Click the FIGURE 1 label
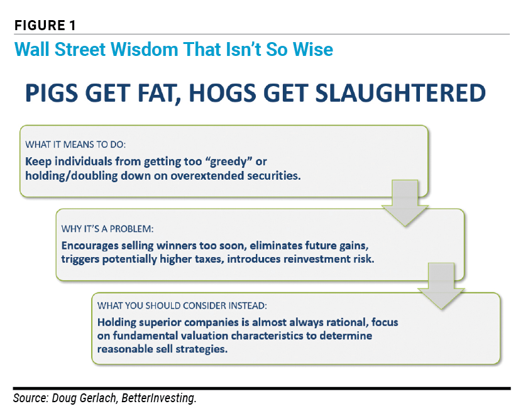(x=45, y=25)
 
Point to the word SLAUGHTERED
(x=400, y=93)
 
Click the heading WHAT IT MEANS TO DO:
(x=75, y=145)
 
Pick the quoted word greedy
(x=229, y=161)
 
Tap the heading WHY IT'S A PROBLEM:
(x=107, y=229)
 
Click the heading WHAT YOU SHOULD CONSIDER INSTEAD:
(x=182, y=305)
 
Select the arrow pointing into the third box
(x=441, y=286)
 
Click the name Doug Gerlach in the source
(x=85, y=398)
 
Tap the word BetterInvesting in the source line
(x=159, y=398)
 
